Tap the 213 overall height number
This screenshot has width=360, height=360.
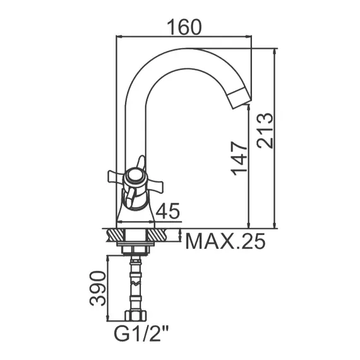pos(265,130)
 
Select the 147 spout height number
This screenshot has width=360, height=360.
pos(239,158)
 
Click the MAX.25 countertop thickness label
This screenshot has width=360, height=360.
pos(225,241)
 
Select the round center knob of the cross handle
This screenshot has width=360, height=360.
pos(135,177)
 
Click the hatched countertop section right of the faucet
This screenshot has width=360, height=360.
pos(162,236)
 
